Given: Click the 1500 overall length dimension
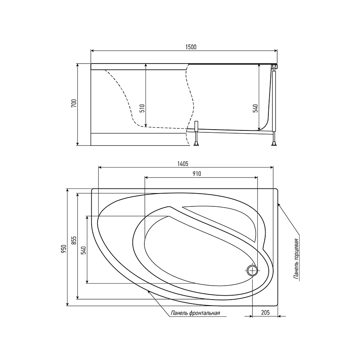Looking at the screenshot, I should pos(191,47).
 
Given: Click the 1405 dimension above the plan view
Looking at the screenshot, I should pos(183,164).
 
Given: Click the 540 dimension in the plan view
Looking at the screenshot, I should pos(83,250).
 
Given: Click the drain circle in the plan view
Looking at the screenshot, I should pos(252,271).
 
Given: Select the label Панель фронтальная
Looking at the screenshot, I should pos(196,313).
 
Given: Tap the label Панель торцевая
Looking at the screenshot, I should pos(296,259).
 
